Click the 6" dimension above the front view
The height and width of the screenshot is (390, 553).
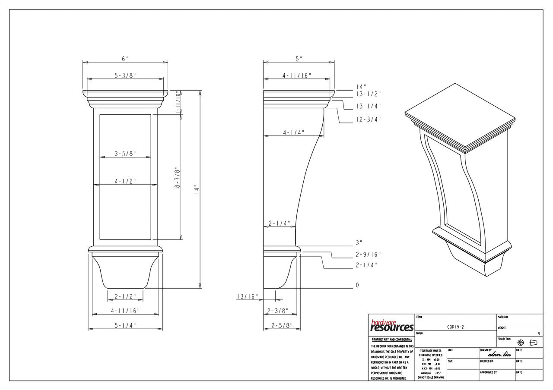125,59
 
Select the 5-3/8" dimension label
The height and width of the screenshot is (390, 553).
125,75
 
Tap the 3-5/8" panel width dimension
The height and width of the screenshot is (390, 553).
125,153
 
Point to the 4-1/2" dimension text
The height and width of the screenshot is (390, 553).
125,182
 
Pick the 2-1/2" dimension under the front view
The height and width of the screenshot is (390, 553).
125,296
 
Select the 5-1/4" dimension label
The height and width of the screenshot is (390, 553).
125,326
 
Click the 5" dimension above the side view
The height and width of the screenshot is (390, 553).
299,59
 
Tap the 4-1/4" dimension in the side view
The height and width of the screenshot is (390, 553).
294,132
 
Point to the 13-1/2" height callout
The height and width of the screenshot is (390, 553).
368,94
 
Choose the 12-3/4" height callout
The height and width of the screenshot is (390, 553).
368,120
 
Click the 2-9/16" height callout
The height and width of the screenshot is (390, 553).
368,255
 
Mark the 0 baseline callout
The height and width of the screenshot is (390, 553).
357,285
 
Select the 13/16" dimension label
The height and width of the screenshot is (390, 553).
247,296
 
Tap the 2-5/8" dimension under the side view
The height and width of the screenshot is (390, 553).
282,326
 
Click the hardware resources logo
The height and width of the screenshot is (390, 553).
391,325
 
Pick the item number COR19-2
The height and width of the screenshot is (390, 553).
455,327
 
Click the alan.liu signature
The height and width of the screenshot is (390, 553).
499,354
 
